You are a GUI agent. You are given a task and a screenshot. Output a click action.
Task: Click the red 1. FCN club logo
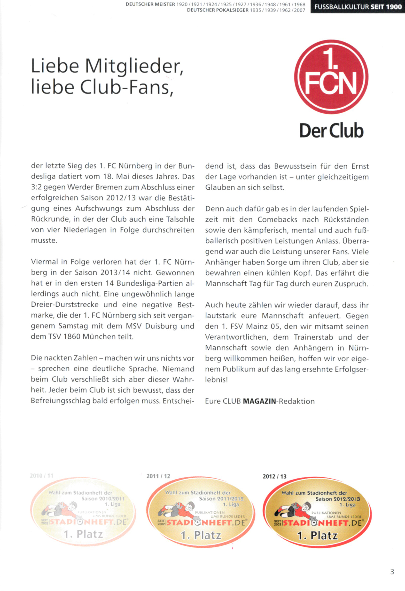coord(331,77)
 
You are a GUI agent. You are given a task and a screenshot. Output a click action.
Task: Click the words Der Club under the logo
coord(332,131)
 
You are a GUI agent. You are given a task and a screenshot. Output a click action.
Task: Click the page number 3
coord(392,571)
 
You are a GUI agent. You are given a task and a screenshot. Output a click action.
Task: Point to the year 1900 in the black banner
coord(394,7)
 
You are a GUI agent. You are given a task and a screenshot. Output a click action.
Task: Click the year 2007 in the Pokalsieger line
coord(300,10)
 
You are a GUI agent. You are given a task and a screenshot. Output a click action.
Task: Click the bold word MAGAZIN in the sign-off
coord(259,401)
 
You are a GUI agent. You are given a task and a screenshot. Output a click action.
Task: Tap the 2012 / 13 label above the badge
coord(275,476)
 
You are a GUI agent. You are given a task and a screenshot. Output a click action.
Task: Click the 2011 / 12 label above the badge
coord(158,476)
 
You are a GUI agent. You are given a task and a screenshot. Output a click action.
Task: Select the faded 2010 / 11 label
coord(41,475)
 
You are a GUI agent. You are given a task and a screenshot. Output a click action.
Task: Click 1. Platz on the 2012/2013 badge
coord(318,536)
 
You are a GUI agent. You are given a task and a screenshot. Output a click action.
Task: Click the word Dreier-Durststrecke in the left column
coord(67,305)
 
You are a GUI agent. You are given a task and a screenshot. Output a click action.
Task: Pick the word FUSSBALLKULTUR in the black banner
coord(342,7)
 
